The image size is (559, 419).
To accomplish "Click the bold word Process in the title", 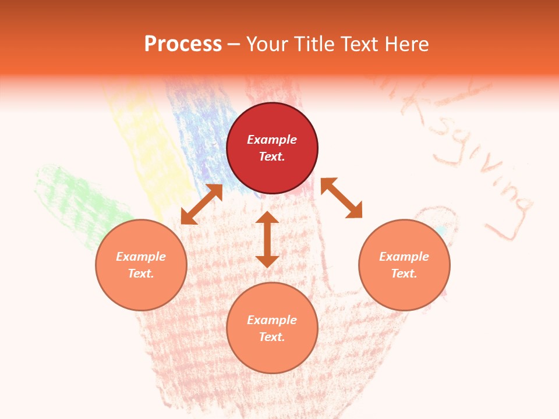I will click(x=183, y=44).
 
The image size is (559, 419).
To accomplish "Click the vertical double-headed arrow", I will click(x=267, y=239).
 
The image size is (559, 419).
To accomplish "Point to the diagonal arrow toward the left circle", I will click(x=201, y=204).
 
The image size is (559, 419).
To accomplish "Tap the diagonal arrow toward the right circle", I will click(x=341, y=198).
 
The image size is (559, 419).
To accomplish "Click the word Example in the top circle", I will click(x=272, y=140).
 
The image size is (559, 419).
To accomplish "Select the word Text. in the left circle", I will click(x=141, y=274).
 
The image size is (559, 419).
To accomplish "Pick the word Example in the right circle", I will click(x=404, y=257).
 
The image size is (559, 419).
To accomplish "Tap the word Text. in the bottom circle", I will click(x=272, y=337).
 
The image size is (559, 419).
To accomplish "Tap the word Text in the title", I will click(x=360, y=44).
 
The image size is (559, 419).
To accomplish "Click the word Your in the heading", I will click(x=265, y=44).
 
